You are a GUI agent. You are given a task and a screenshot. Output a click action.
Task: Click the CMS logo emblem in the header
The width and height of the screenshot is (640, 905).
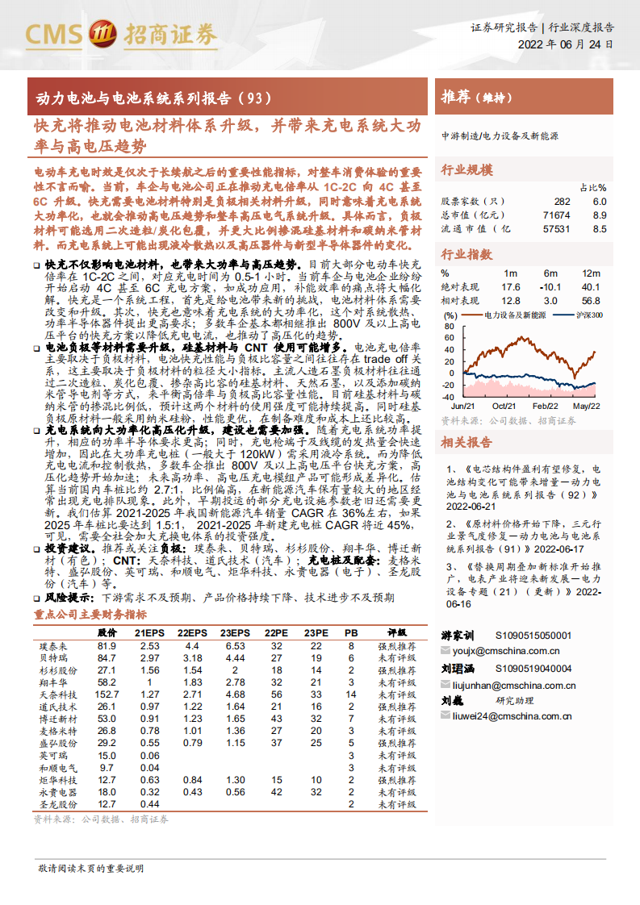coord(102,34)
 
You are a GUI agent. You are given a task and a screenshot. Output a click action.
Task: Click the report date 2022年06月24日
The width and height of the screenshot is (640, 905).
coord(565,45)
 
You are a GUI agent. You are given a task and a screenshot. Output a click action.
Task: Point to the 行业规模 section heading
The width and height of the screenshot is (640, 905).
coord(466,170)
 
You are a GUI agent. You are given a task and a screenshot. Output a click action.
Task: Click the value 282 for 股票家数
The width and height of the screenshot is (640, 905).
coord(562,202)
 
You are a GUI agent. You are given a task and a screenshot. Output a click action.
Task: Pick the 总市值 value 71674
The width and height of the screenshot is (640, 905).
coord(557,215)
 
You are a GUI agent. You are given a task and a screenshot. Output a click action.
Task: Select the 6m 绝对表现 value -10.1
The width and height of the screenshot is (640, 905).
coord(550,287)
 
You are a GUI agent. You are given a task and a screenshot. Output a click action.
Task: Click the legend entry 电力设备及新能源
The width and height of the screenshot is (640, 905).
coord(517,315)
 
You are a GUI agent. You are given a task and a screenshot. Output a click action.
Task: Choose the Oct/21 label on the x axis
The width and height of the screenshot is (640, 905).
coord(504,407)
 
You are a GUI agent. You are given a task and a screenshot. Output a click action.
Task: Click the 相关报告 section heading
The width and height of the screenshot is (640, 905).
coord(466,443)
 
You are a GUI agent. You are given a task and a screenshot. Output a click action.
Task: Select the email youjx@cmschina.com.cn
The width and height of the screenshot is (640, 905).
coord(506,650)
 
